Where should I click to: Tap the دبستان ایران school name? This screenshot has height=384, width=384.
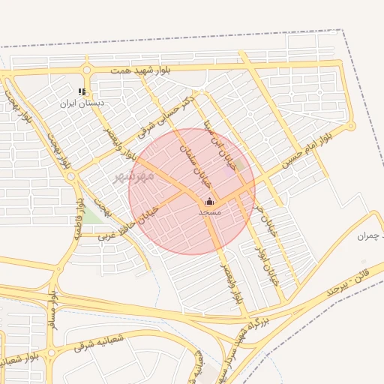click(x=83, y=102)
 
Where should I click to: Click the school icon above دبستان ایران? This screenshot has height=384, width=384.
click(x=82, y=92)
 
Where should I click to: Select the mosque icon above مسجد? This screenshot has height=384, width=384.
click(x=209, y=201)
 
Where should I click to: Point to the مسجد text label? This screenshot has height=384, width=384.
click(x=209, y=212)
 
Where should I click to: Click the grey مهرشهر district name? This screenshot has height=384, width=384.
click(x=133, y=176)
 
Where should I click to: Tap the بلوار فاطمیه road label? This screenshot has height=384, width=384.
click(x=77, y=218)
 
